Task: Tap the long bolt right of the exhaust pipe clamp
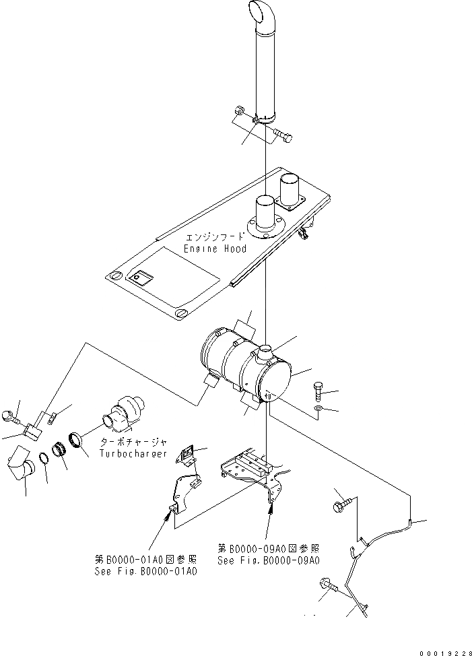(282, 137)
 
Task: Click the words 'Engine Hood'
(215, 249)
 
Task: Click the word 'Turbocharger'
(133, 453)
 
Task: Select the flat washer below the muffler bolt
(318, 409)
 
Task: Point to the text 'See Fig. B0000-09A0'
(268, 560)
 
